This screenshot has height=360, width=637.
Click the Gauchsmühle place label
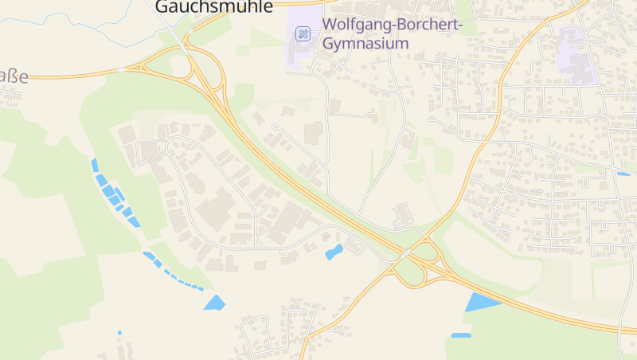click(213, 7)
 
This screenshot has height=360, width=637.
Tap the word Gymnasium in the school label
click(365, 43)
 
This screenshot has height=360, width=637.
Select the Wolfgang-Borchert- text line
click(392, 25)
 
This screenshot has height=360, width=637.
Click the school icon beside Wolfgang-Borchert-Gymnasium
click(303, 33)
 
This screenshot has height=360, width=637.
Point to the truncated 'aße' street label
click(14, 77)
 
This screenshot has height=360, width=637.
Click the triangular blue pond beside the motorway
click(480, 302)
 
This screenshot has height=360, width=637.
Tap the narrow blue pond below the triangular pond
click(461, 335)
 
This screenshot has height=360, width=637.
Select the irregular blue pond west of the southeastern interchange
click(334, 252)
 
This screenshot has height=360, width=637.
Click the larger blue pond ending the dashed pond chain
click(215, 303)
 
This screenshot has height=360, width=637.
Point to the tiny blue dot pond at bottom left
click(119, 332)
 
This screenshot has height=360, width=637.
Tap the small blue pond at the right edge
click(623, 174)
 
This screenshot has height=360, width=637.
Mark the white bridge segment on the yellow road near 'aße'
click(120, 70)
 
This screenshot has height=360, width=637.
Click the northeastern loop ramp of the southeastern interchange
click(431, 250)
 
